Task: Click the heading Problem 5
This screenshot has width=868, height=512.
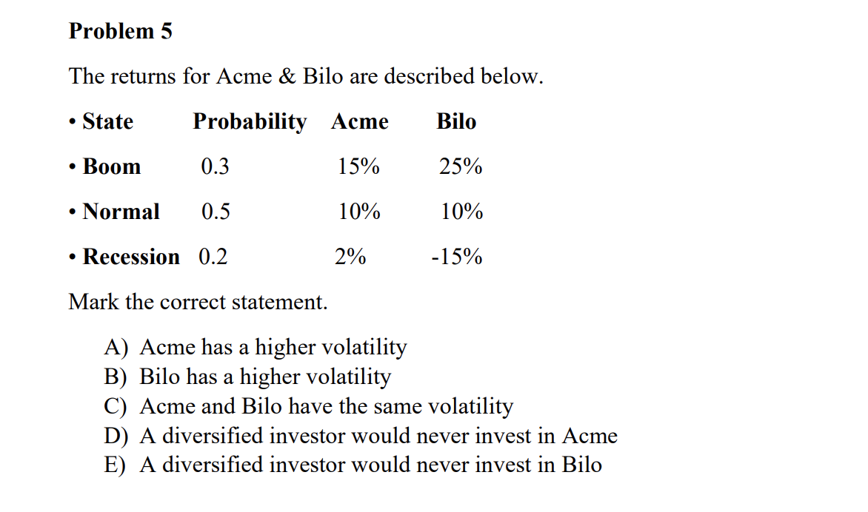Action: coord(120,31)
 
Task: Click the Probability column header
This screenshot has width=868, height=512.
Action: coord(249,121)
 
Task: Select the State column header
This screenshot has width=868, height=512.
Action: coord(107,121)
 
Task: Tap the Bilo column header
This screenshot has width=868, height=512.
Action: coord(456,121)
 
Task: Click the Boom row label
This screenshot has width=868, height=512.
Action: coord(111,166)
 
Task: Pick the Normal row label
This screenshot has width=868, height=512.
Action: coord(121,212)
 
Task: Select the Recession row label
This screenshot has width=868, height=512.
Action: coord(130,257)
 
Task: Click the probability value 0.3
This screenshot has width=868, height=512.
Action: coord(215,167)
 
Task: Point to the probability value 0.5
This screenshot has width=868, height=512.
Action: coord(216,212)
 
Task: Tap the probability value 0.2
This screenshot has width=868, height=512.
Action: coord(213,257)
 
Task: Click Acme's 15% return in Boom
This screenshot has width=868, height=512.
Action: coord(358,167)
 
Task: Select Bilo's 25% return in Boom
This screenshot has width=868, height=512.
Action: coord(461,167)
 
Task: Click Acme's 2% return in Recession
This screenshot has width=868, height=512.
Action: coord(350,257)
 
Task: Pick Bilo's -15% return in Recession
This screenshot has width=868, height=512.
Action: coord(457,257)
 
